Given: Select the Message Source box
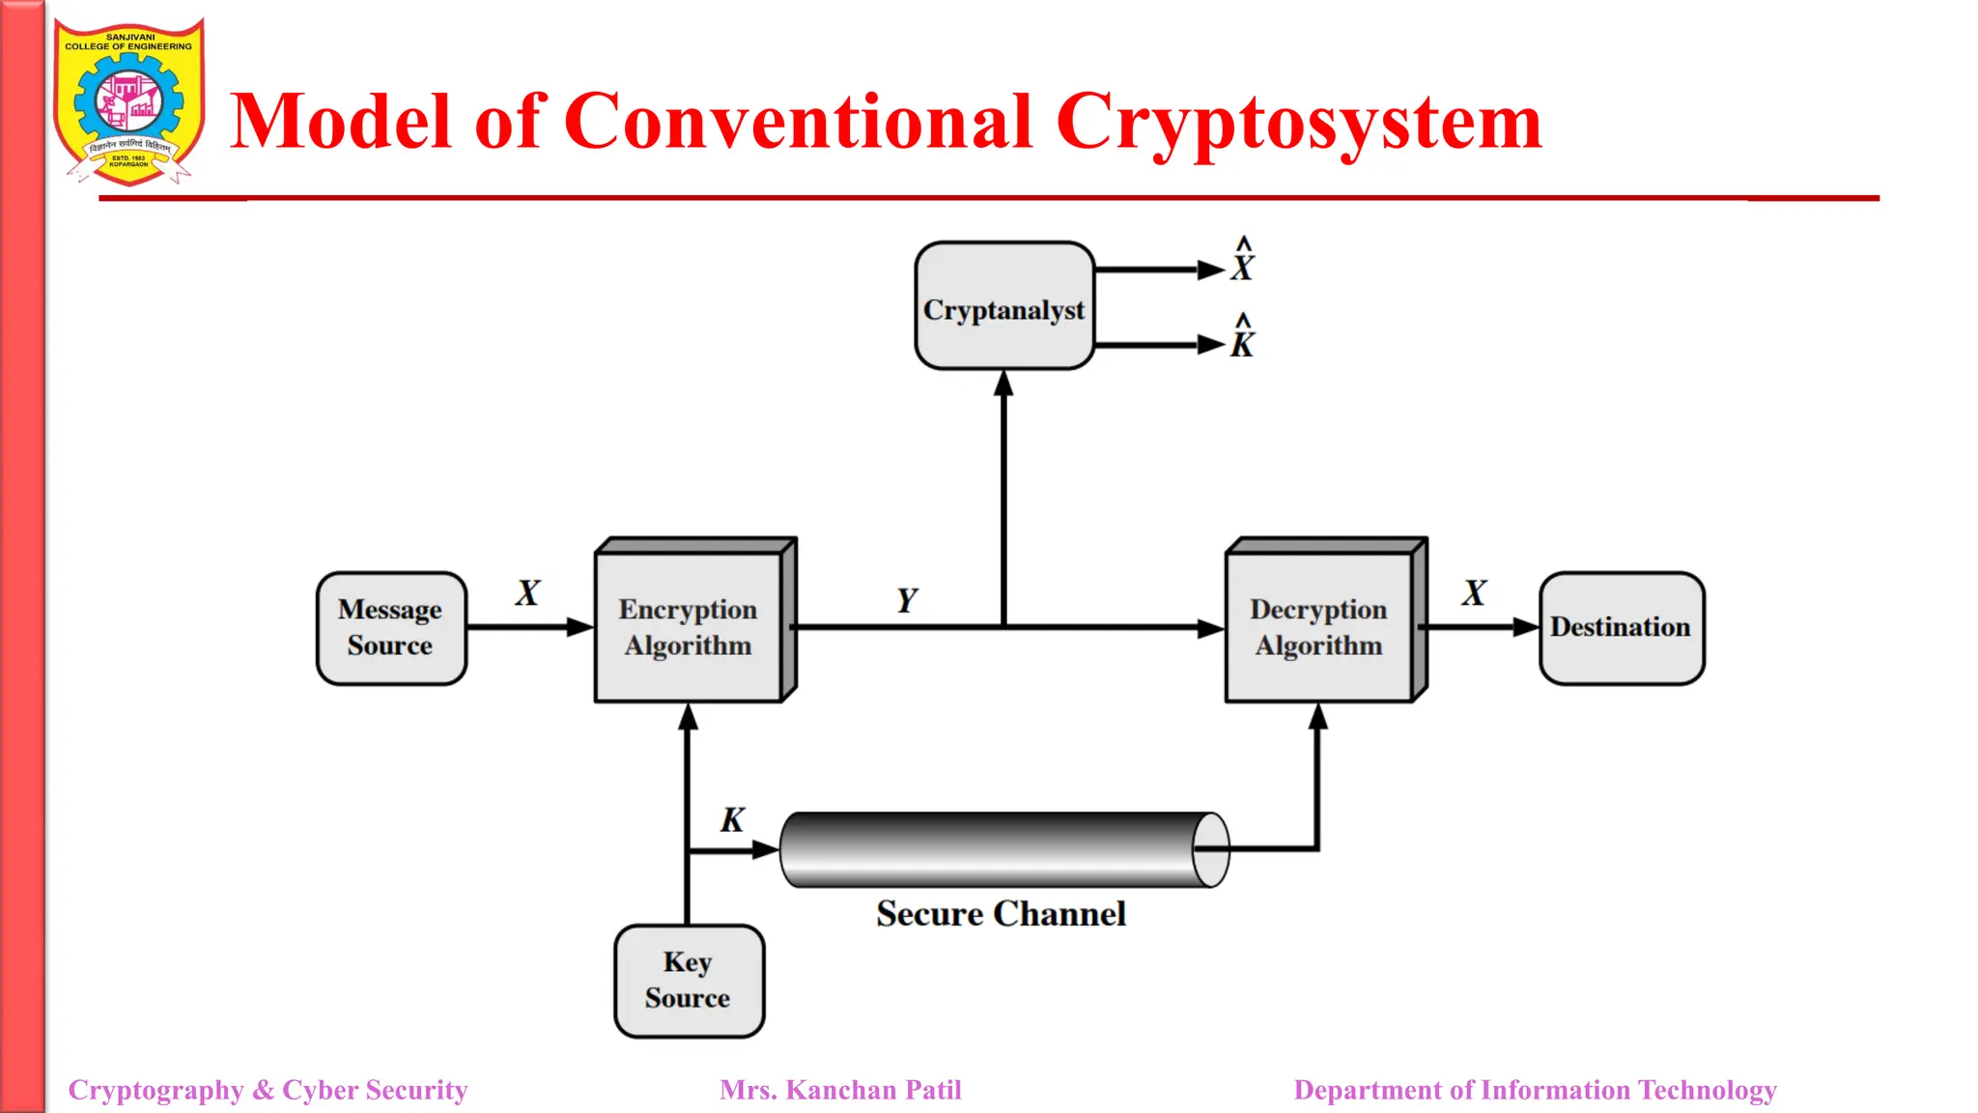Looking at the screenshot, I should (391, 628).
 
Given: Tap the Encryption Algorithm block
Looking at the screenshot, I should (689, 628).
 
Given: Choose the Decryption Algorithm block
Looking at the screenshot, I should (1319, 628).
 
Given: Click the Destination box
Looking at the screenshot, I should (1622, 628).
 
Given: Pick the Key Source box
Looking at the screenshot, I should (689, 981).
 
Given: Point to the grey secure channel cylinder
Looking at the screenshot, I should (995, 849).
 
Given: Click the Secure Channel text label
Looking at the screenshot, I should (1001, 914).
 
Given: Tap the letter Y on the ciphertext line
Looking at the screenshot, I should (907, 600).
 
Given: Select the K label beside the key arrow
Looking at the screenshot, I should (732, 820).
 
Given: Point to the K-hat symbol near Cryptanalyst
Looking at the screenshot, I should (1243, 338).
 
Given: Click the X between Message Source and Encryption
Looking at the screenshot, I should (527, 593).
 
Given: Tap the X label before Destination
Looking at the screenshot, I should (1474, 593).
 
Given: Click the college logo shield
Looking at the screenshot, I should (128, 102).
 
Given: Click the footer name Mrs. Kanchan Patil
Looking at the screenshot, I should (840, 1090).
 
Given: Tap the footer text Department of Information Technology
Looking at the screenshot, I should (1535, 1090).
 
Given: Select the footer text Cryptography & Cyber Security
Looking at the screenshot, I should (268, 1090).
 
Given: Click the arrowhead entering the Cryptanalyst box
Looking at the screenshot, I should (1004, 384).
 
